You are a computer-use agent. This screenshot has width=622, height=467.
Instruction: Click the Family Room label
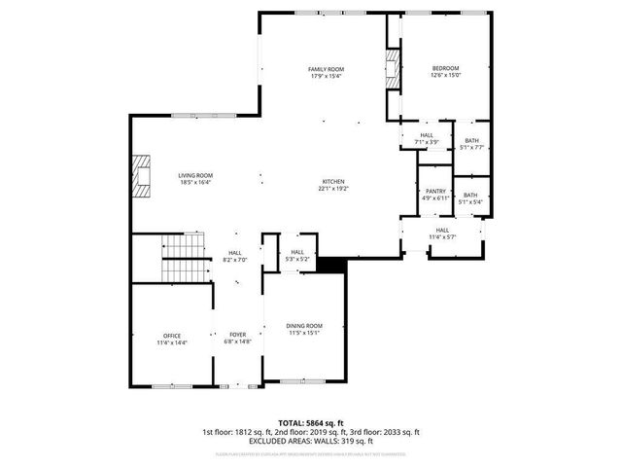326,73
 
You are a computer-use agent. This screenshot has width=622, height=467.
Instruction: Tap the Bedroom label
445,71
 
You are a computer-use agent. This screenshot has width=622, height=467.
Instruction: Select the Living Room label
194,178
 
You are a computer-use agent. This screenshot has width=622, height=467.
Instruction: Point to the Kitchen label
333,185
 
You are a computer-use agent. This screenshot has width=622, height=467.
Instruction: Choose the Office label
172,340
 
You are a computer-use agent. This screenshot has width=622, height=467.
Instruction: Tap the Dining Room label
303,329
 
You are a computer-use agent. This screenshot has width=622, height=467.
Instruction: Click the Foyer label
239,338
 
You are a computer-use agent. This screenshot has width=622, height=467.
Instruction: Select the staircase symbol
184,258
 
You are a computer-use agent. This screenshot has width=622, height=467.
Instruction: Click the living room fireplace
143,176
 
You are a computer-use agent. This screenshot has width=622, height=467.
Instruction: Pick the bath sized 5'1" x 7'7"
471,144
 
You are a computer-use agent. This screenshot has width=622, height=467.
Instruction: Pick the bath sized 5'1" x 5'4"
470,198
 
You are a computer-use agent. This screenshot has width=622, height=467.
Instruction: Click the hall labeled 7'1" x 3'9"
428,138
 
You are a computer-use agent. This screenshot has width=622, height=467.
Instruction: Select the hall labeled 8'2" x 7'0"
236,257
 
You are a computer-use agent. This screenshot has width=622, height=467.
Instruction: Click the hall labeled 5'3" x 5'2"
296,256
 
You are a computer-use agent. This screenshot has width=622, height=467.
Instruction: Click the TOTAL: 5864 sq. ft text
311,423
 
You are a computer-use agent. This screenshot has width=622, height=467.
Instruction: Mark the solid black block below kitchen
332,265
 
